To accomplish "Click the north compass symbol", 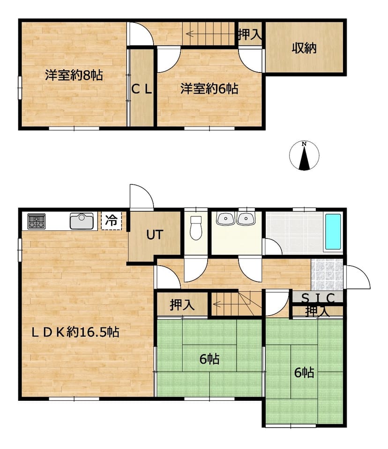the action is point(304,156).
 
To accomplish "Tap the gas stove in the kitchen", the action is point(37,221).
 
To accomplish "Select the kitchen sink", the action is point(82,221).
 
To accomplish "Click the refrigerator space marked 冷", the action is point(111,220).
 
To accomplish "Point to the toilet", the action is point(196,228).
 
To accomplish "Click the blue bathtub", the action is point(333,232).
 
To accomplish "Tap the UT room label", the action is point(155,235).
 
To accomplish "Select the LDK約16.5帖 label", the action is point(75,332).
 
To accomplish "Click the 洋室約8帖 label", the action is point(74,75).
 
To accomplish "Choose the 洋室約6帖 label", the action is point(209,89).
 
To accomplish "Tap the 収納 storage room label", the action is point(304,48).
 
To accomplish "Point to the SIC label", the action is point(318,298).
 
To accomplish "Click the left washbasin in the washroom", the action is point(226,219).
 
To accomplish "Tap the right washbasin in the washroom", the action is point(246,219).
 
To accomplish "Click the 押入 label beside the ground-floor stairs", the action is point(182,305).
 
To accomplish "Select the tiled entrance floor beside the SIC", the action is point(327,275).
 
